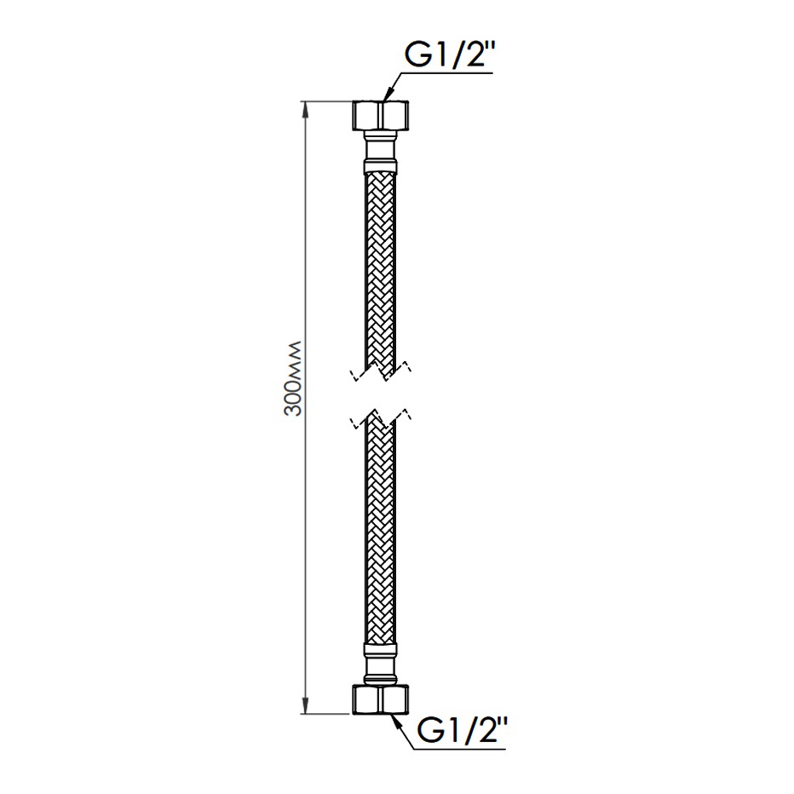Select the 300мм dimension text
pyautogui.click(x=293, y=379)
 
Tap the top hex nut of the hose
pyautogui.click(x=380, y=115)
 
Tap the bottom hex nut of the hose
pyautogui.click(x=380, y=699)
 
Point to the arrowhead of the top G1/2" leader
pyautogui.click(x=387, y=95)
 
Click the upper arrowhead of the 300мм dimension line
pyautogui.click(x=305, y=111)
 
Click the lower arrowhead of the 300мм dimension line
pyautogui.click(x=305, y=705)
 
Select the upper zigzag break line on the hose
pyautogui.click(x=380, y=371)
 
